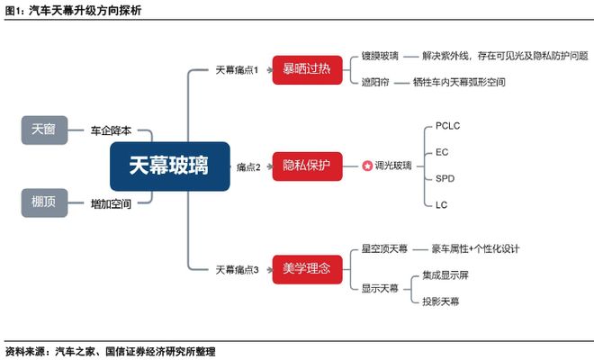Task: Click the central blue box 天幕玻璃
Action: click(170, 166)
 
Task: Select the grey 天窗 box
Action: click(44, 130)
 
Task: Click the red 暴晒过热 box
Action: click(307, 69)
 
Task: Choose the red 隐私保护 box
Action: click(307, 166)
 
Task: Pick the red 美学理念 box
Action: click(307, 268)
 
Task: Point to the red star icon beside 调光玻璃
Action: click(367, 166)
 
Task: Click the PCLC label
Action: click(447, 127)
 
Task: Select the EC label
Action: click(442, 153)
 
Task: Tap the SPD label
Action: click(445, 179)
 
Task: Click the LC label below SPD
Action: click(442, 205)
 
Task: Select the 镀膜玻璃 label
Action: click(380, 57)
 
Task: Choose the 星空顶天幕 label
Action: click(384, 248)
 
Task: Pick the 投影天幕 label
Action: click(441, 301)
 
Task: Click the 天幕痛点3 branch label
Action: click(237, 269)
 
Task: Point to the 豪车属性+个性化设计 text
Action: click(476, 248)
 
